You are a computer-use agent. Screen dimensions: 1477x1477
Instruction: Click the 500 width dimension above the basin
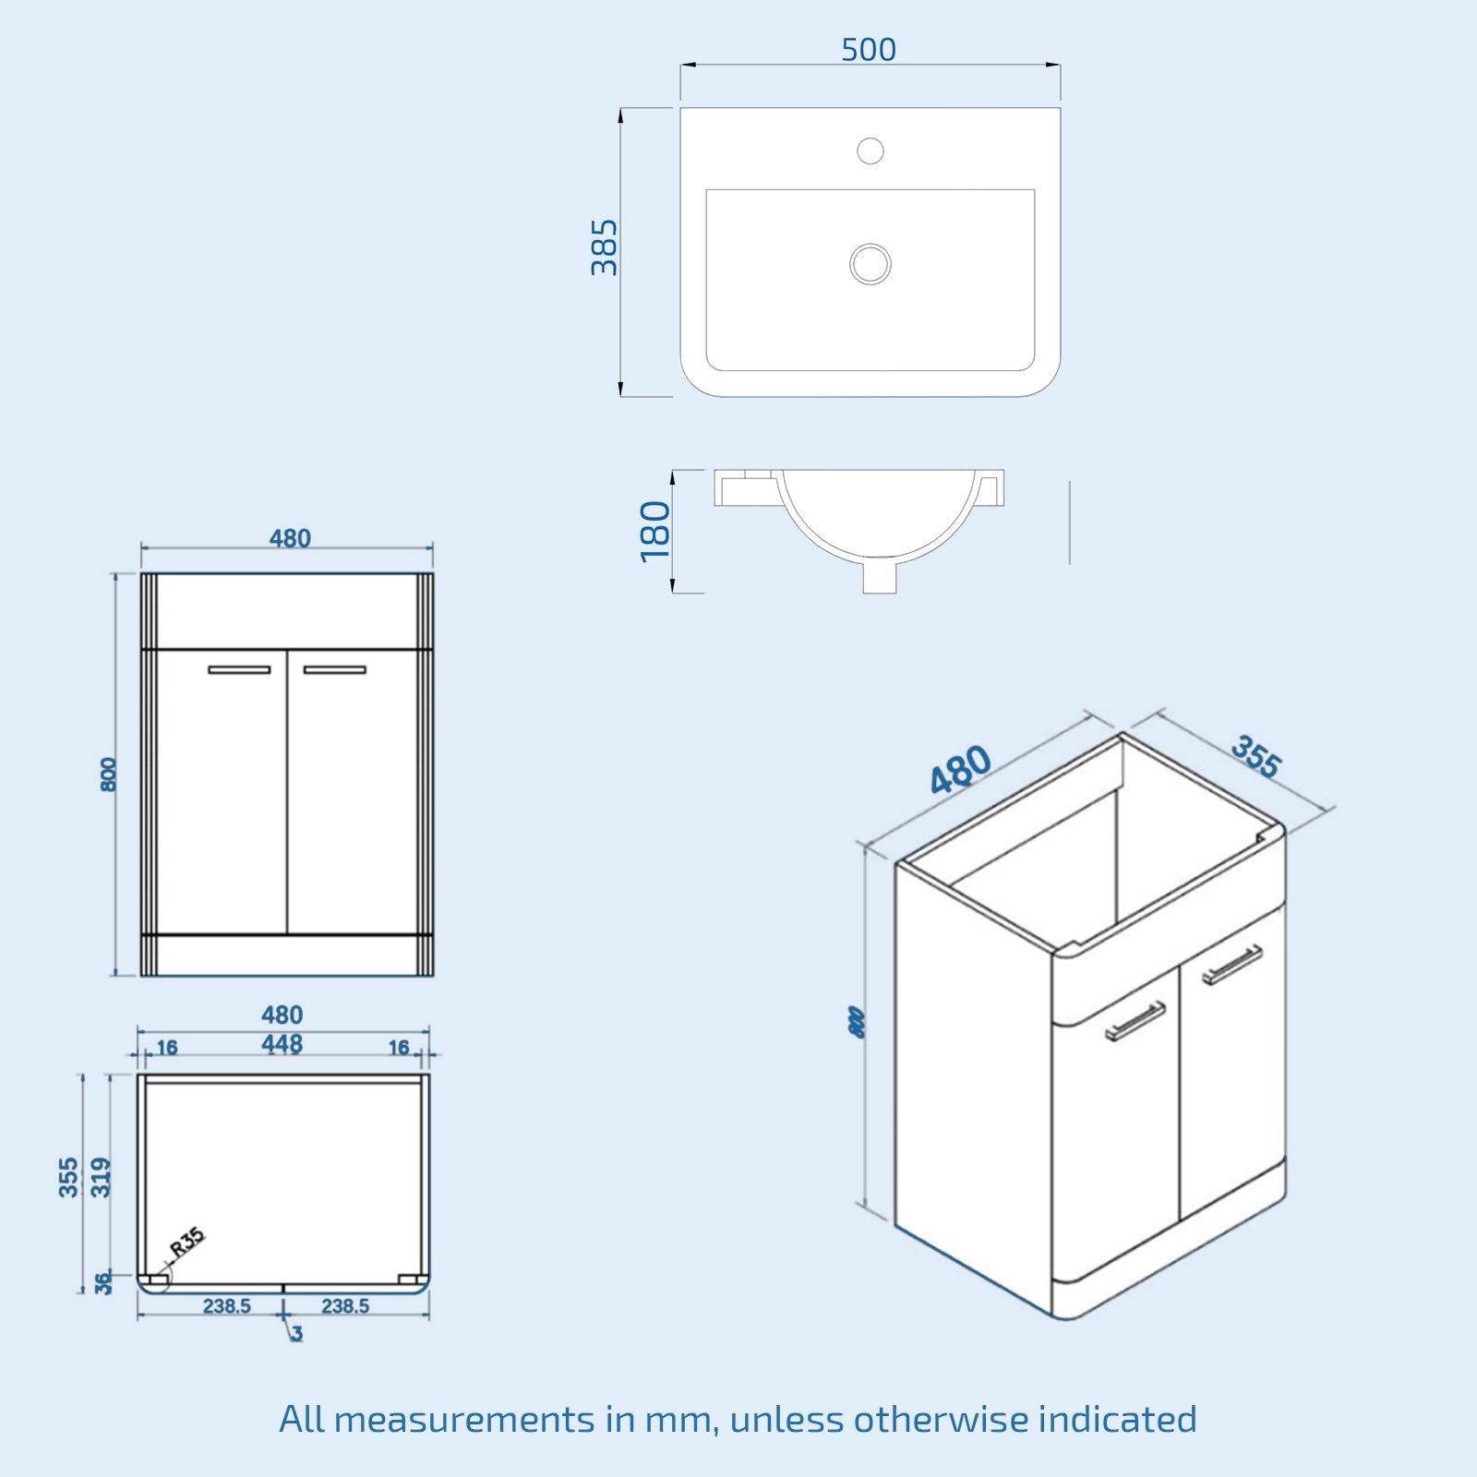coord(869,50)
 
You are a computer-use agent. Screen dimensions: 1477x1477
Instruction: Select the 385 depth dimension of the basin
coord(605,247)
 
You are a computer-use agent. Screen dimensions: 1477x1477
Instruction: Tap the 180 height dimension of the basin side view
coord(655,531)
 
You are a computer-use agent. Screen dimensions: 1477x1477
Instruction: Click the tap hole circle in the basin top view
coord(871,150)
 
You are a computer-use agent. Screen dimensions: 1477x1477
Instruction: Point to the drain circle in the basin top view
coord(871,264)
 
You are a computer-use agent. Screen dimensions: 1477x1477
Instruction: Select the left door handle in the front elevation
coord(239,669)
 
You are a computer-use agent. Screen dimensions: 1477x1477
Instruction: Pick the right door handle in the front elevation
coord(334,669)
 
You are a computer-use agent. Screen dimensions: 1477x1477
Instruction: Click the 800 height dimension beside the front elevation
coord(109,774)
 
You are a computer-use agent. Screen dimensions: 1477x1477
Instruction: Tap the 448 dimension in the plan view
coord(282,1044)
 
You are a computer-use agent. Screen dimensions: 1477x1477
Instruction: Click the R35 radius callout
coord(187,1242)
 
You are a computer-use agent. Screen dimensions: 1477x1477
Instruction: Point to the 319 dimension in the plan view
coord(101,1177)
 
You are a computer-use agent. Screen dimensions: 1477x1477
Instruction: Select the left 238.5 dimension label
coord(227,1306)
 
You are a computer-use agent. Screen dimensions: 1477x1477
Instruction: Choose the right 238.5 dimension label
coord(345,1306)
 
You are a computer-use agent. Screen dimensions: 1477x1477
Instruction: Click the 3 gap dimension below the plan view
coord(296,1333)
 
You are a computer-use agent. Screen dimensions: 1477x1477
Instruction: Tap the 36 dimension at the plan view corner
coord(103,1282)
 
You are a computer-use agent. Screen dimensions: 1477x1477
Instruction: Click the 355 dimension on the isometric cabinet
coord(1255,757)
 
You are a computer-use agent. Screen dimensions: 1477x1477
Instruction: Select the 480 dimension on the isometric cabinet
coord(960,770)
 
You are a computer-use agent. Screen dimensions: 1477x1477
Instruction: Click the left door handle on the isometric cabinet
coord(1135,1021)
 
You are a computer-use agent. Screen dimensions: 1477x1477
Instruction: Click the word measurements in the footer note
coord(464,1419)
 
